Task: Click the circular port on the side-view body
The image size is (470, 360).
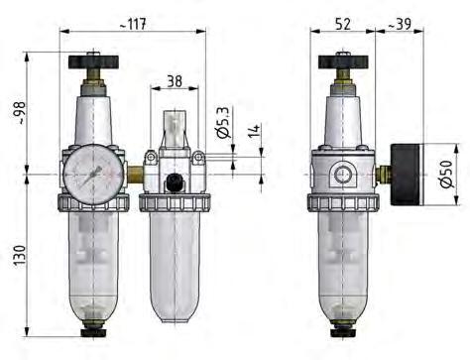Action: point(343,176)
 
